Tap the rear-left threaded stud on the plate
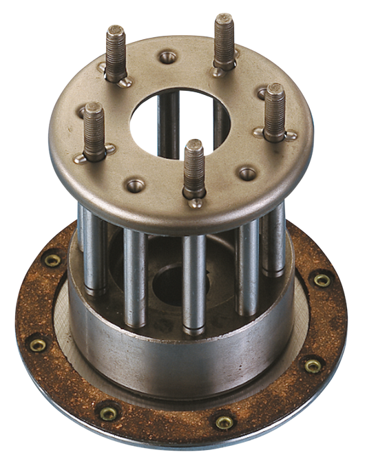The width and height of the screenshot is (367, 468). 116,52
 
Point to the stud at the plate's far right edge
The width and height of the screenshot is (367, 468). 275,110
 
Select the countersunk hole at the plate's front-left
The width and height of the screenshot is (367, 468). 135,184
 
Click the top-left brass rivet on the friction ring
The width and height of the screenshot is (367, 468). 52,260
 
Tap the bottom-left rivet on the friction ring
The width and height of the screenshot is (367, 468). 109,412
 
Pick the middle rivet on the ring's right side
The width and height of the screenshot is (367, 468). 313,365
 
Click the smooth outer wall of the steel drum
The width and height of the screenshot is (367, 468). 172,358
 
